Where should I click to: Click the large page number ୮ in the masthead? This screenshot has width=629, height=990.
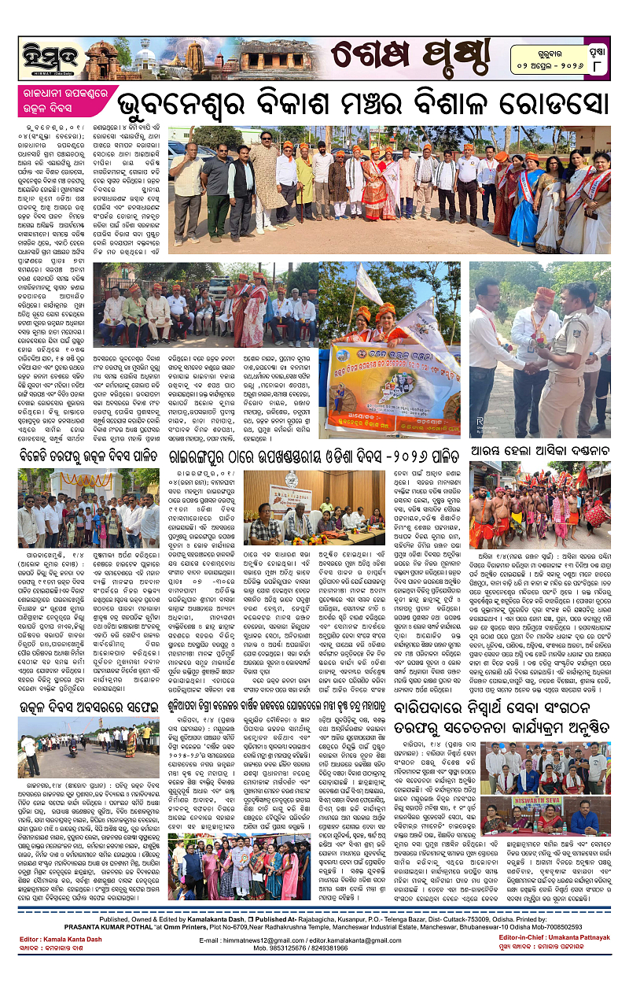click(x=601, y=66)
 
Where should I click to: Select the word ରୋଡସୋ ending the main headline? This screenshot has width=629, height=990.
click(x=565, y=107)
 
